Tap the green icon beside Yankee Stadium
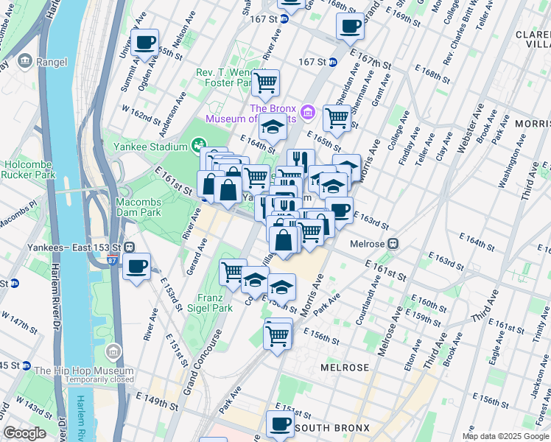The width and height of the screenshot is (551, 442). pos(197,145)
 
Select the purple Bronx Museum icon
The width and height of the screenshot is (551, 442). pos(308,113)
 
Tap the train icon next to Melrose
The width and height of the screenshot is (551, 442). pos(394,243)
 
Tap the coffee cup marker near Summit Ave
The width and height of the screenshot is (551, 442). pos(144,43)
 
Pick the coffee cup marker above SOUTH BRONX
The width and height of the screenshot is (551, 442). pos(280,424)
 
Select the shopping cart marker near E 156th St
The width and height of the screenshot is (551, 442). pos(277,335)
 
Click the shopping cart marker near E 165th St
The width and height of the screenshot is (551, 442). pos(337,117)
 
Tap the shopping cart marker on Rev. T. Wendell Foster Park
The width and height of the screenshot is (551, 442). pos(264,83)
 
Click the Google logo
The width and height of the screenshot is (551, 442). pos(25,433)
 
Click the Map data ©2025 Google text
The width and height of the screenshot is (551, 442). pos(505,436)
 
